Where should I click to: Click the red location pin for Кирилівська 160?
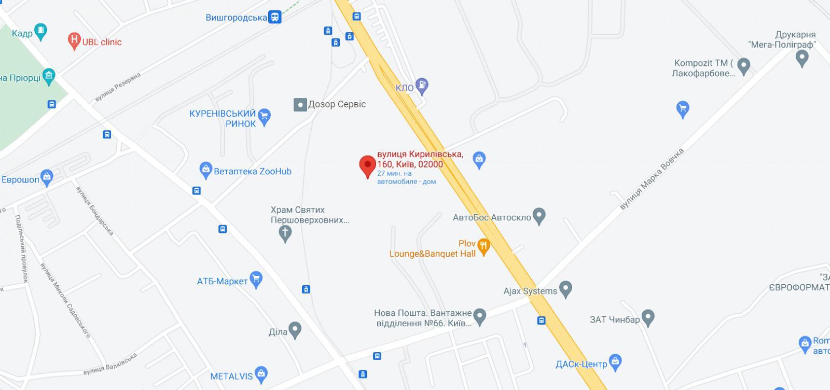(368, 165)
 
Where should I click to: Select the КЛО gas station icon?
(423, 86)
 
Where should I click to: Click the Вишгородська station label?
(237, 18)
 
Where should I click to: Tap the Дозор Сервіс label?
(337, 104)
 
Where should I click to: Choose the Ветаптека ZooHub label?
(253, 171)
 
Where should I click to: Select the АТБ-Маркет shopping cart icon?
(256, 280)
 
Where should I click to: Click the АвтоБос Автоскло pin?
(539, 216)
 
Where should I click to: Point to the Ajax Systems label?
(530, 291)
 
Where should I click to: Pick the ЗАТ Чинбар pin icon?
(648, 316)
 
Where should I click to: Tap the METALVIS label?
(231, 377)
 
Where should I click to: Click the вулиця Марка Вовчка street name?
(652, 179)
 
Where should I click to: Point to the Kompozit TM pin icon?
(743, 66)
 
